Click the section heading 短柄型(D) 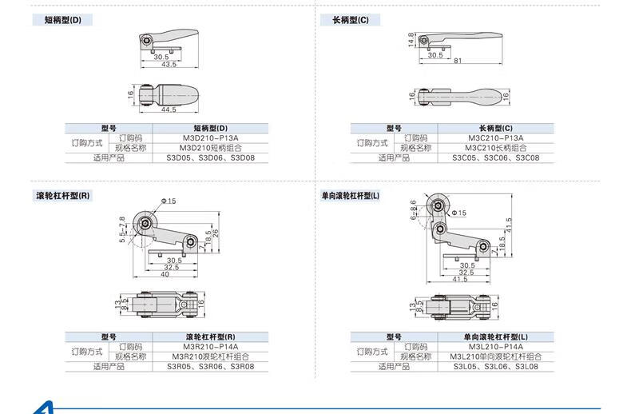[62, 19]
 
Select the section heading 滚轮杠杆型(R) [63, 195]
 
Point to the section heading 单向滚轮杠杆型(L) [351, 195]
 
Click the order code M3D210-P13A [210, 137]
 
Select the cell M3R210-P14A [210, 347]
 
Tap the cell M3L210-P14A [495, 347]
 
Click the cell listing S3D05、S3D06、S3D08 [210, 157]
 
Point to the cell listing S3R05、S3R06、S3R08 [210, 366]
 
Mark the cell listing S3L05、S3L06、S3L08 [495, 366]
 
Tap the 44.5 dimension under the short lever [168, 109]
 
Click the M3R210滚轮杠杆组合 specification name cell [210, 356]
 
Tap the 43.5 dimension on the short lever [169, 64]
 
